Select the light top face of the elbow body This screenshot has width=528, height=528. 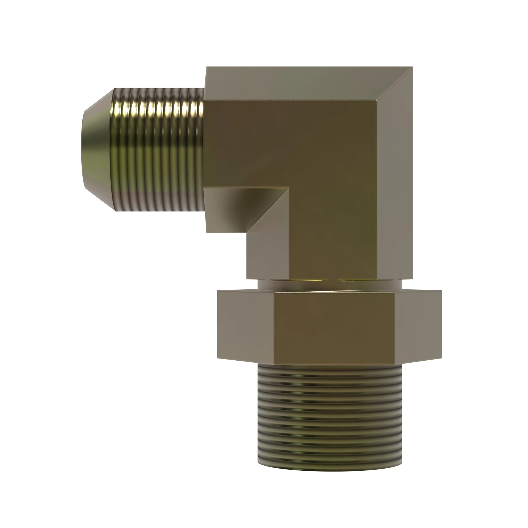coord(301,82)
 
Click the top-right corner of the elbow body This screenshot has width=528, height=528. coord(412,67)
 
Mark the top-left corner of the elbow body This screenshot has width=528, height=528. coord(207,67)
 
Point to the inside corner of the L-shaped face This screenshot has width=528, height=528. coord(289,188)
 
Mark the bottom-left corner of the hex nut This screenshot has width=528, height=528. coord(218,358)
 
